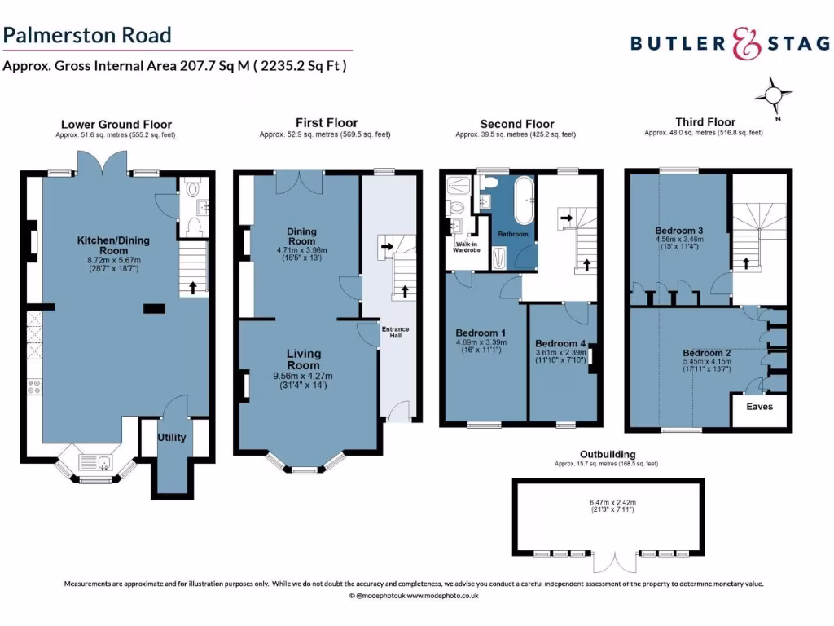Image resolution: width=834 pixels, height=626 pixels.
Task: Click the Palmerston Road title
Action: (87, 35)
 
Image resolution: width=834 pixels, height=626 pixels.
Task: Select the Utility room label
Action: (171, 438)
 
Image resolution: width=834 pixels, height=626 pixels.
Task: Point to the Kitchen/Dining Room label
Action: (103, 245)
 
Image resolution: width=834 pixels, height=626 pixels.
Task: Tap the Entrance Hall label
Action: (397, 333)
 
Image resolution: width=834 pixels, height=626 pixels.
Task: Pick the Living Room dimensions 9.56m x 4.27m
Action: (303, 376)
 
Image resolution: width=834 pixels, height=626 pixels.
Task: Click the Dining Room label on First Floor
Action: (301, 236)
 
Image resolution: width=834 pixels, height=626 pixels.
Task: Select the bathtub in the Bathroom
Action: (526, 195)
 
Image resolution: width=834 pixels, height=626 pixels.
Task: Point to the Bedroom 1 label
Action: (480, 333)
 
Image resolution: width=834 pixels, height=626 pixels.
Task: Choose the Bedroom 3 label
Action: (679, 231)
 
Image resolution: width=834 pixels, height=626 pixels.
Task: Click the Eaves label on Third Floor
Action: (759, 407)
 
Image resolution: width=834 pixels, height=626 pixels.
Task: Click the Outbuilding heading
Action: (608, 454)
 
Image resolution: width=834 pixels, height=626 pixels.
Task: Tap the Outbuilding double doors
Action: (613, 563)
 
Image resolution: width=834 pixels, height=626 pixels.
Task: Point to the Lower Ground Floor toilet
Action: (192, 190)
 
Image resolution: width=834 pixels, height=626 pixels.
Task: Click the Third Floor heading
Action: (705, 122)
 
